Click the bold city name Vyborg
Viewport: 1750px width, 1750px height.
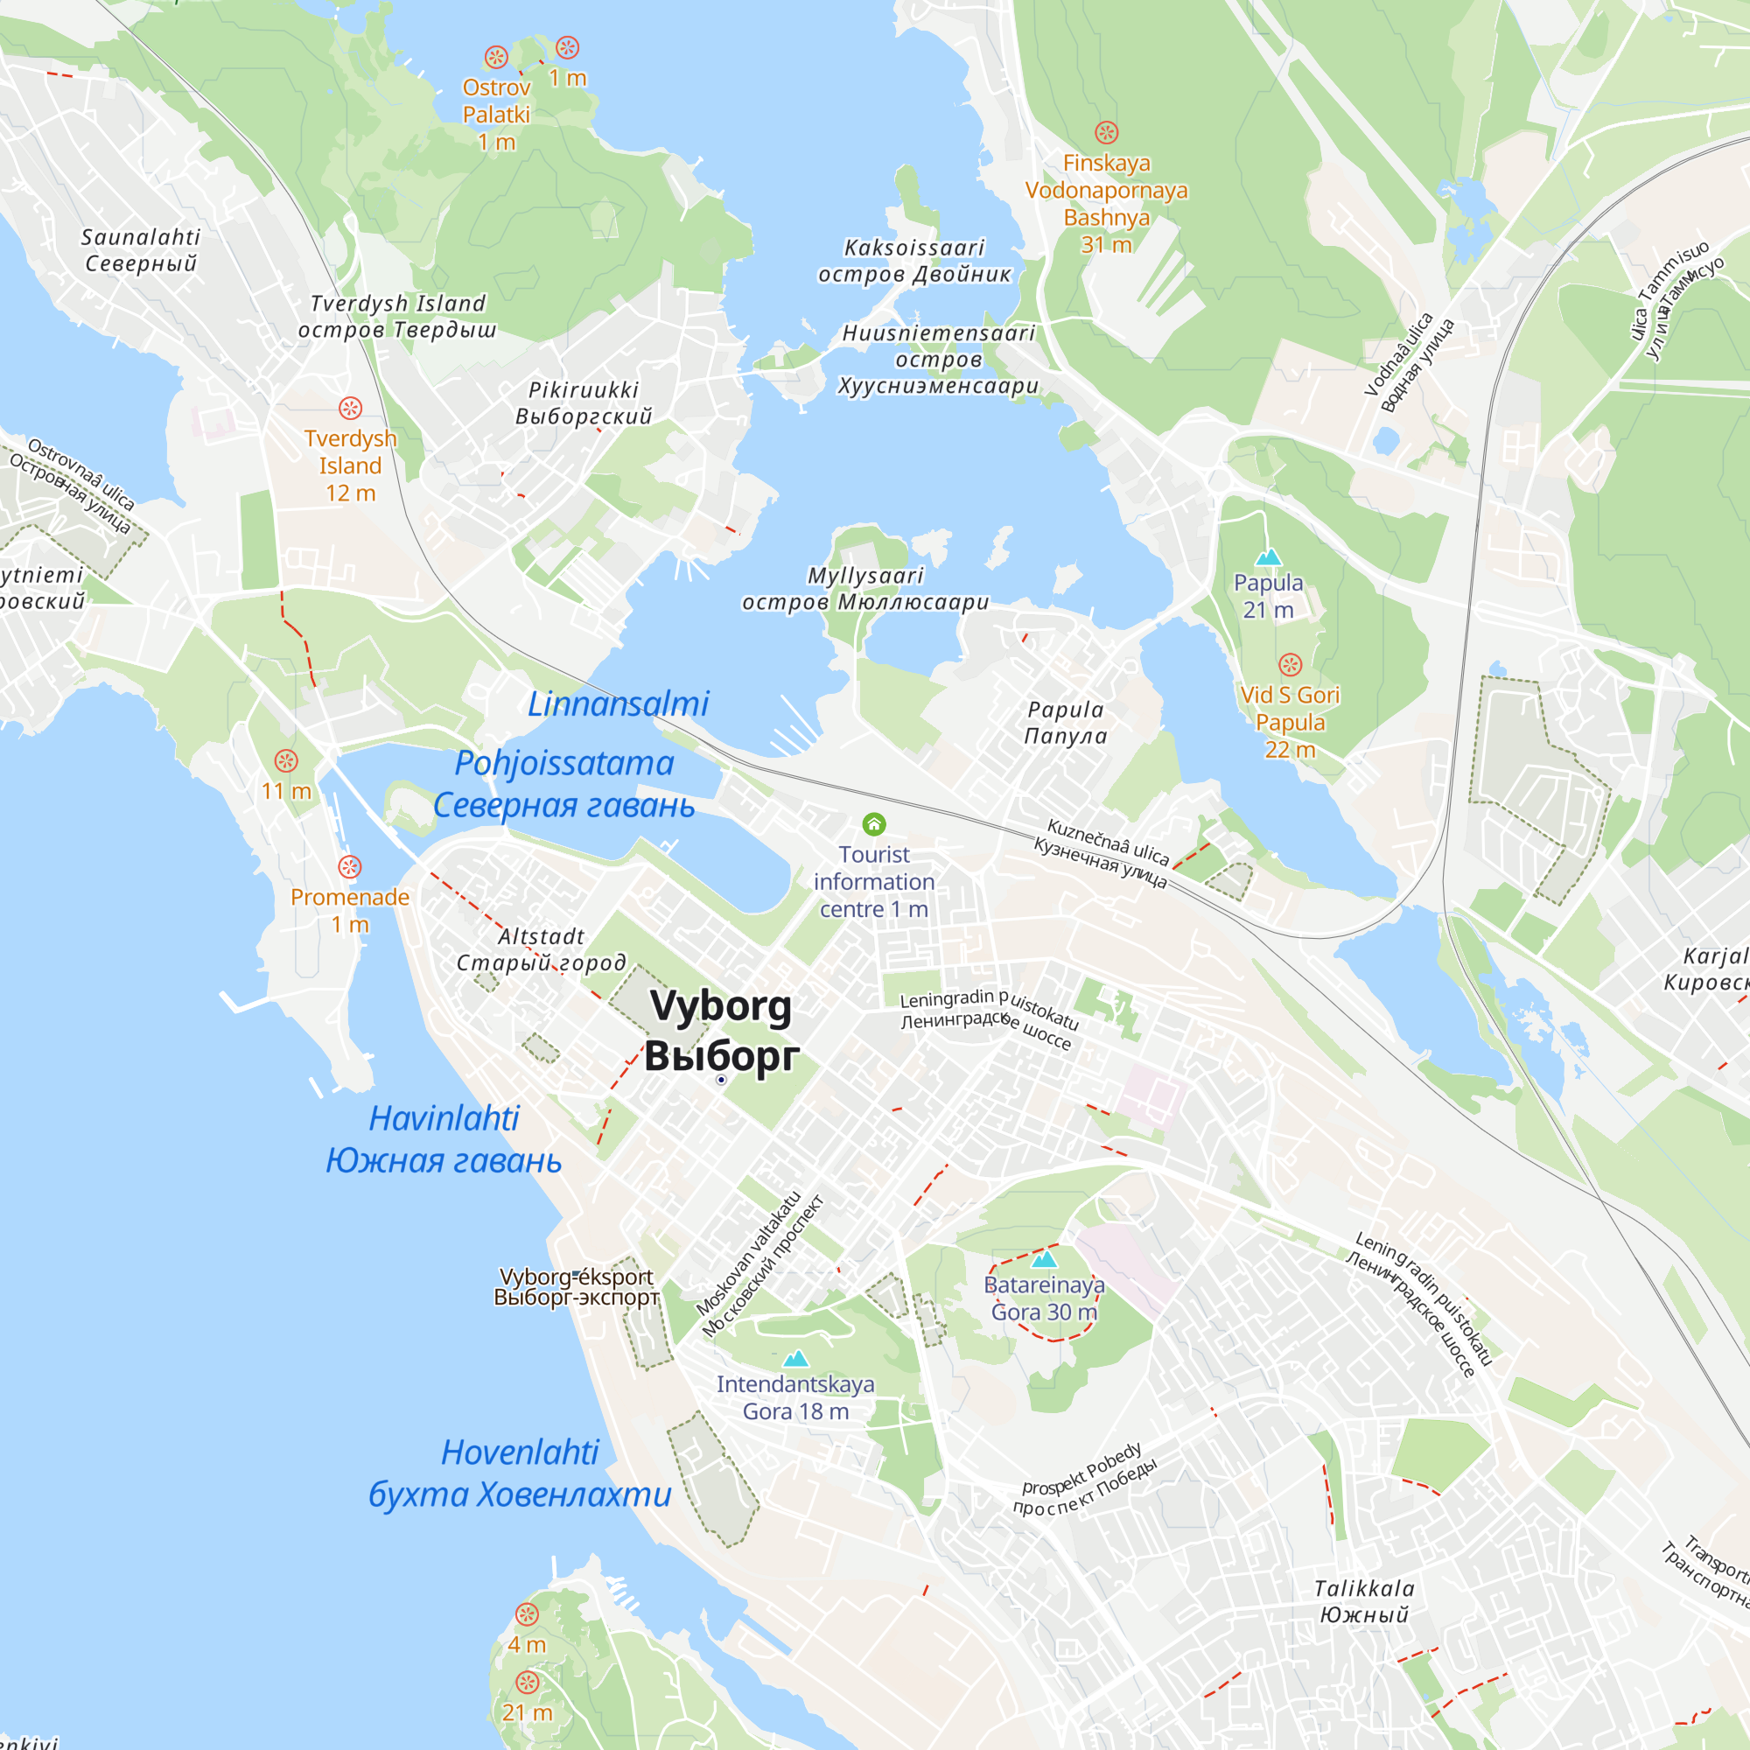(x=721, y=1007)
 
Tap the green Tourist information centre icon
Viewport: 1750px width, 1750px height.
(x=873, y=823)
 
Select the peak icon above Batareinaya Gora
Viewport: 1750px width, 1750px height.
(x=1045, y=1258)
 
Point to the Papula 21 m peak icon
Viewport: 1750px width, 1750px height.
(x=1268, y=556)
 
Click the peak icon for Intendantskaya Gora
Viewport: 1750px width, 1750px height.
(x=795, y=1358)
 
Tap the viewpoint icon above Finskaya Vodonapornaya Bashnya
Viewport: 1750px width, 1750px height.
(x=1106, y=133)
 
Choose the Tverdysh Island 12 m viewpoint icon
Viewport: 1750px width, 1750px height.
(x=351, y=409)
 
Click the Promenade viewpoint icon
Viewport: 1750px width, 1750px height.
(x=350, y=867)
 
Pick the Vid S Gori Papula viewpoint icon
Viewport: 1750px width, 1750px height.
(x=1290, y=665)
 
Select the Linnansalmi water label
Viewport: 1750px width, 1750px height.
(x=618, y=703)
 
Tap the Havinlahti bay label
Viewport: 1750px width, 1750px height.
(x=444, y=1118)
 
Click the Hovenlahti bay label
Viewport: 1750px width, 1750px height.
(x=520, y=1452)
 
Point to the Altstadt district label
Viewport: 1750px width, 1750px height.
(x=541, y=936)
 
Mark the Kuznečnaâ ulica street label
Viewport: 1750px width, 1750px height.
(x=1108, y=840)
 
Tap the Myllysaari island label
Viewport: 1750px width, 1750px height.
(x=865, y=576)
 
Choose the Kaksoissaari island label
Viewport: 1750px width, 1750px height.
(x=914, y=248)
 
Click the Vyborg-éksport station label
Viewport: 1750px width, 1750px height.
(x=576, y=1277)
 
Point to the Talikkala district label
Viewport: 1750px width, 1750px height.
(x=1364, y=1589)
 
